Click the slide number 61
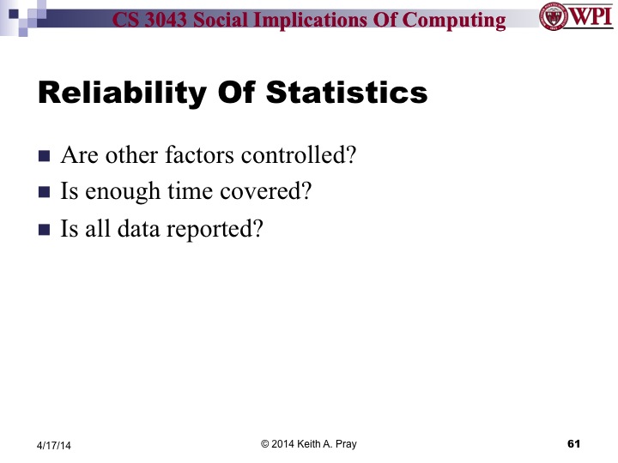(x=574, y=443)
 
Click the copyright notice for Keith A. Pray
(x=308, y=443)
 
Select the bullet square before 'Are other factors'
(x=45, y=157)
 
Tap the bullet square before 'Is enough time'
(x=45, y=193)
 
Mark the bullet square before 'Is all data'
(x=45, y=230)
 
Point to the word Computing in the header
(x=456, y=19)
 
